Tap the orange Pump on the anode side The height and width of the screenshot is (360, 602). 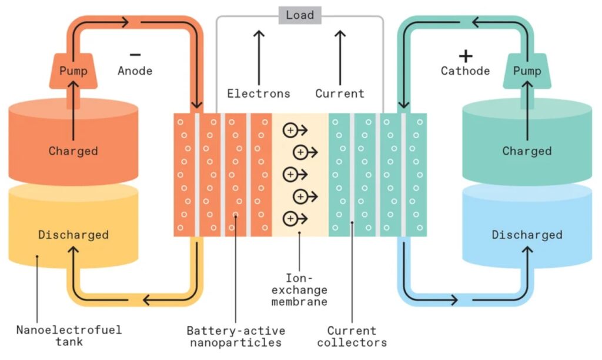[73, 71]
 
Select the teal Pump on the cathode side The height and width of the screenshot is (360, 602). [527, 71]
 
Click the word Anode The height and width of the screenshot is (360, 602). [135, 71]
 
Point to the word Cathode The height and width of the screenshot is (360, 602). [465, 71]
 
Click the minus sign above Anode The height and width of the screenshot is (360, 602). [135, 55]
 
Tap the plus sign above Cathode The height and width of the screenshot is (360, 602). [466, 56]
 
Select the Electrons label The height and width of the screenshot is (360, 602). [259, 94]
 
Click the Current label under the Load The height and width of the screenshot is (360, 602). [340, 94]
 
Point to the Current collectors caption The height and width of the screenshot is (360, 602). [352, 336]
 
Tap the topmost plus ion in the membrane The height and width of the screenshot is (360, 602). [290, 131]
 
